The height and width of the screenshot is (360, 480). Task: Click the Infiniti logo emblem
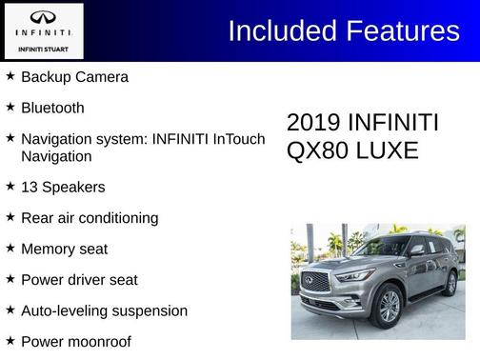(x=43, y=18)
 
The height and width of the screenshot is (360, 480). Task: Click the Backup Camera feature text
(x=74, y=77)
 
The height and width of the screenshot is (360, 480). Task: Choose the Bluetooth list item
(x=52, y=108)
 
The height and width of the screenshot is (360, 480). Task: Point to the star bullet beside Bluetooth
(x=10, y=107)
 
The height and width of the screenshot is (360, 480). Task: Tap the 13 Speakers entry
(x=63, y=188)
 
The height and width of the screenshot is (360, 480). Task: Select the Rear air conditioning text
(x=90, y=218)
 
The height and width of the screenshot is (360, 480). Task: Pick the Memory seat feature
(x=64, y=249)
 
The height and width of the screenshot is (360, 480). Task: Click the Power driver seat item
(x=79, y=280)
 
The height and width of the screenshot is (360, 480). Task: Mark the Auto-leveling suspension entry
(x=104, y=310)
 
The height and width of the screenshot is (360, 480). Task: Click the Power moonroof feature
(x=76, y=341)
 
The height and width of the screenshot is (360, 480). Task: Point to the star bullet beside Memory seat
(x=10, y=248)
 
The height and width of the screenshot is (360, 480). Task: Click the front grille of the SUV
(x=315, y=282)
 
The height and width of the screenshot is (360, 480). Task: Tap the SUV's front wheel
(x=389, y=305)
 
